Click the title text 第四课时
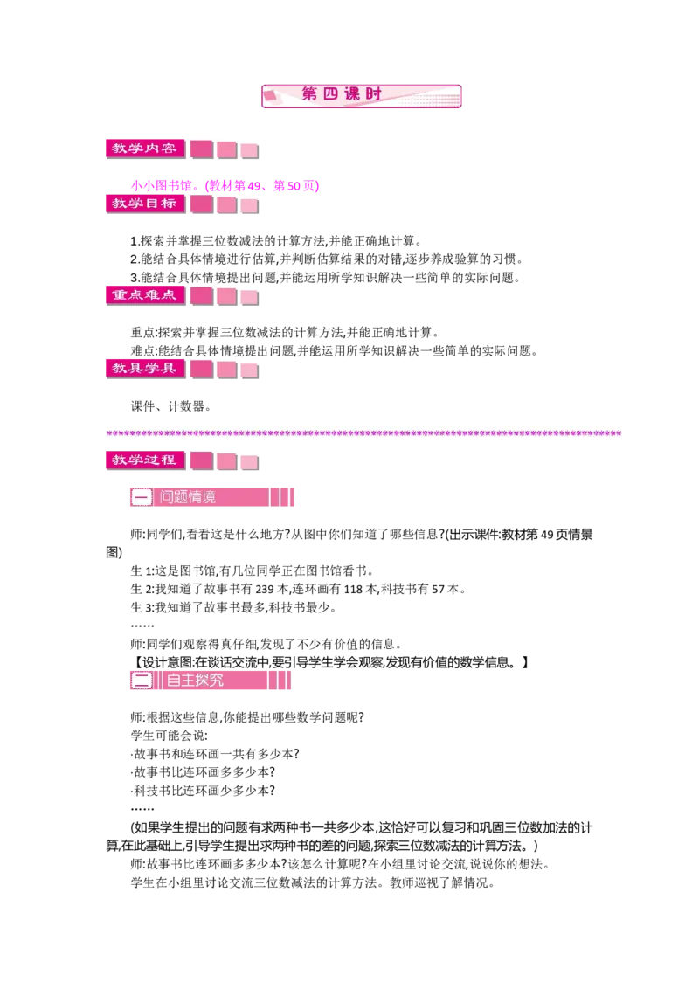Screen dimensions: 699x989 [x=342, y=94]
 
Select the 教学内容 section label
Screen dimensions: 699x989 [x=143, y=149]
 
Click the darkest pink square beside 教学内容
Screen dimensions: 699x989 [x=201, y=149]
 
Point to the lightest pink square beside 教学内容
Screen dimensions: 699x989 [x=249, y=150]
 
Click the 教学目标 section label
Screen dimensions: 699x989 [x=143, y=204]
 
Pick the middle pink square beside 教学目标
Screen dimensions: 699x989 [x=226, y=204]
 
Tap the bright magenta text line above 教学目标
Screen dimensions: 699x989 [x=225, y=185]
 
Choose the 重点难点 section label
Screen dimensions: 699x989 [x=143, y=295]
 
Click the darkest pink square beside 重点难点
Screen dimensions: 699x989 [x=201, y=296]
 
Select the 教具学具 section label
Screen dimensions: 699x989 [x=143, y=368]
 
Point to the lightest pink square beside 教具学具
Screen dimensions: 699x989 [x=249, y=370]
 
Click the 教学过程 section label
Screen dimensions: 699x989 [x=143, y=459]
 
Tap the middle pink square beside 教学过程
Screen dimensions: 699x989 [x=226, y=460]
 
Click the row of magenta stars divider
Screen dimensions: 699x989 [x=366, y=431]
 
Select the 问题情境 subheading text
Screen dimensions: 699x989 [x=188, y=497]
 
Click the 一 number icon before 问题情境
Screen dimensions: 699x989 [x=142, y=497]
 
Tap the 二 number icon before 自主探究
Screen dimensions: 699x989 [x=142, y=680]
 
